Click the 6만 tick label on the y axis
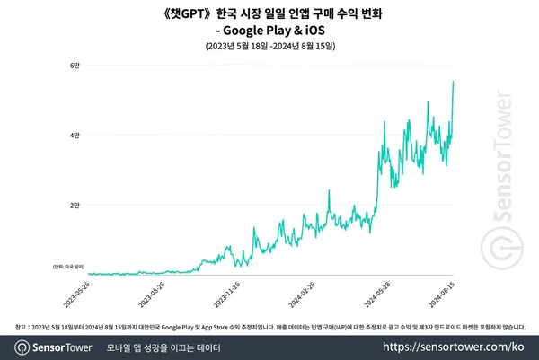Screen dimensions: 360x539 [76, 65]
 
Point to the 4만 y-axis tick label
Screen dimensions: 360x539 [76, 135]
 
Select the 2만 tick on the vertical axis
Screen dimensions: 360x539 [76, 205]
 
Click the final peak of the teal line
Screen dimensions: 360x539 [453, 82]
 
